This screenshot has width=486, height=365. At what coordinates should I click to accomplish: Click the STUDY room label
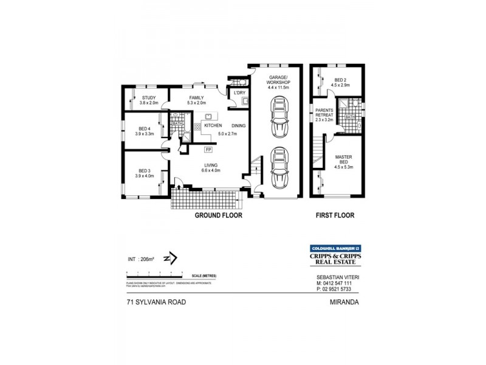(x=149, y=98)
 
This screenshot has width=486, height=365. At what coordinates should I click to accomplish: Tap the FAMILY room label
(x=196, y=98)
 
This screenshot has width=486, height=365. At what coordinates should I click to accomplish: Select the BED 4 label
(x=144, y=128)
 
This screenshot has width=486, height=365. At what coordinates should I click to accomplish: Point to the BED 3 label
(x=144, y=170)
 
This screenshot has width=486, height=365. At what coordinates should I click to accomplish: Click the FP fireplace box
(x=208, y=149)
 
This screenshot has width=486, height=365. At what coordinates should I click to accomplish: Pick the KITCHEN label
(x=213, y=125)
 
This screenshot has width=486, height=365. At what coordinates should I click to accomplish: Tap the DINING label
(x=238, y=125)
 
